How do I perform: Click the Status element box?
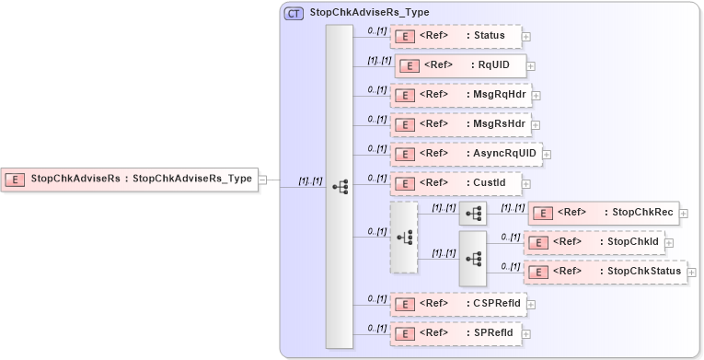456,37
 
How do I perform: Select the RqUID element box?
460,65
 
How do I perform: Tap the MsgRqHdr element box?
460,95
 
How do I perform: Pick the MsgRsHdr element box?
460,124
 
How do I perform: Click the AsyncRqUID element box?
466,153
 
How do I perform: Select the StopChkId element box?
594,242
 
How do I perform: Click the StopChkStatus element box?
605,272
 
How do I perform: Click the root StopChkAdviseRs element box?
129,179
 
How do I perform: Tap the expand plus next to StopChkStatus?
692,273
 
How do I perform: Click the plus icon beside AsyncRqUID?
547,154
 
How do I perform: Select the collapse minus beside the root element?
262,180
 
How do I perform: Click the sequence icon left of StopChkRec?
473,213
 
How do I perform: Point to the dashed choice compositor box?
404,238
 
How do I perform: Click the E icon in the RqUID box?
411,66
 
